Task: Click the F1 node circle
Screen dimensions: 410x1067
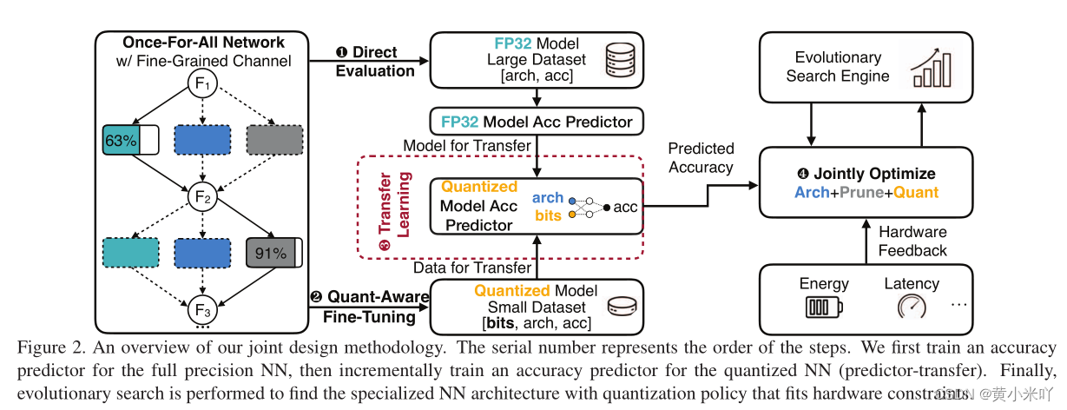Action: point(202,85)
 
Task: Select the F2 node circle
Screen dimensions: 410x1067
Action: point(202,198)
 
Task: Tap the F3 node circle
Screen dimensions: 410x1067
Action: point(202,309)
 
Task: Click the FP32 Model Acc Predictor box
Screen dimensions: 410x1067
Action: point(537,122)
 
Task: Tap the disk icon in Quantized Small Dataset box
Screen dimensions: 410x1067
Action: point(620,307)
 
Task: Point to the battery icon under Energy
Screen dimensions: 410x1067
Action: point(820,307)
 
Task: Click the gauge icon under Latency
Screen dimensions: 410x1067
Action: point(912,307)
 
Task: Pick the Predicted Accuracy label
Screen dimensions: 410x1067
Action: point(701,158)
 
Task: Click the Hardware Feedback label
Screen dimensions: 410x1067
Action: point(912,241)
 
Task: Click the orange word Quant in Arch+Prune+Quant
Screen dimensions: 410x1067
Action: point(916,192)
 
